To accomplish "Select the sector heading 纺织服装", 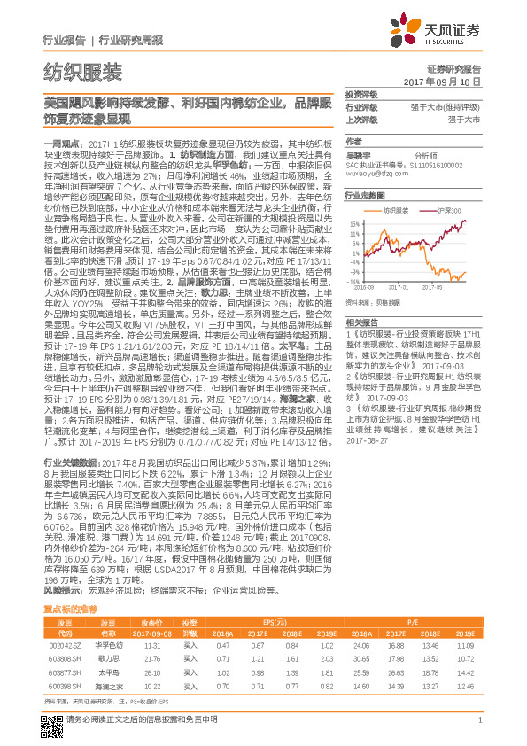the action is coord(82,71).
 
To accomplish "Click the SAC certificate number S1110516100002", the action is coord(399,166).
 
